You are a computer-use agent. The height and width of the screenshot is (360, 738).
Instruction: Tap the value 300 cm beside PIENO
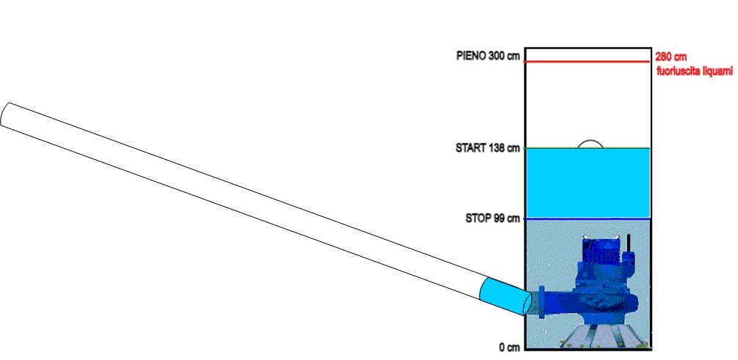pyautogui.click(x=504, y=56)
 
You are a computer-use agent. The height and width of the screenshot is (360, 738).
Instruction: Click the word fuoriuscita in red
pyautogui.click(x=679, y=72)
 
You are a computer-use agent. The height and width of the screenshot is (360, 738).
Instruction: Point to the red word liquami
pyautogui.click(x=718, y=72)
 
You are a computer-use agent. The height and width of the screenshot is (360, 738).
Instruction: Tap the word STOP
pyautogui.click(x=478, y=218)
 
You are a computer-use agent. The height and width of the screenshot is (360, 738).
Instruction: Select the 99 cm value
pyautogui.click(x=507, y=218)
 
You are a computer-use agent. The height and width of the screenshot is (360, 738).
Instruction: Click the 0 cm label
pyautogui.click(x=510, y=348)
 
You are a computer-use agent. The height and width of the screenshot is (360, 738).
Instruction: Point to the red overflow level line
pyautogui.click(x=588, y=62)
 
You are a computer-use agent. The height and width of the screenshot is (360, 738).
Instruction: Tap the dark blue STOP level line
pyautogui.click(x=588, y=218)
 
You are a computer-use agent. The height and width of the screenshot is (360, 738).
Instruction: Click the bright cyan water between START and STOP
pyautogui.click(x=588, y=183)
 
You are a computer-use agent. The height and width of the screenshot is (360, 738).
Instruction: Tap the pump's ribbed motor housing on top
pyautogui.click(x=604, y=254)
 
